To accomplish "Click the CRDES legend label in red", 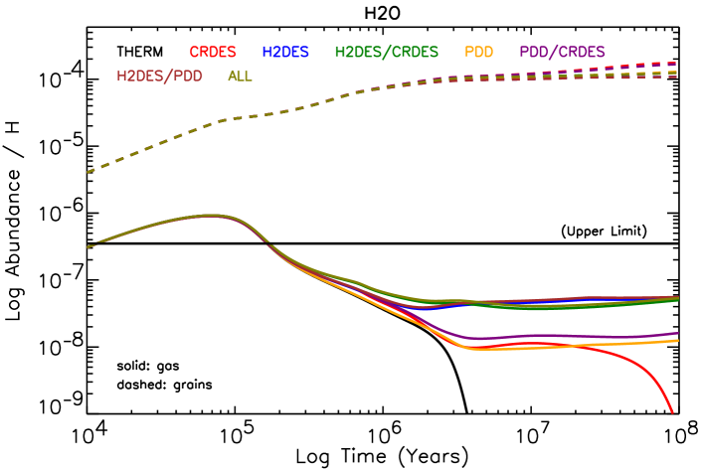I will pyautogui.click(x=213, y=52).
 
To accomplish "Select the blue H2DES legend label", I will pyautogui.click(x=285, y=52).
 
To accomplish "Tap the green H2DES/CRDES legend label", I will pyautogui.click(x=386, y=52).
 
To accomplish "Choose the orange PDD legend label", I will pyautogui.click(x=478, y=52).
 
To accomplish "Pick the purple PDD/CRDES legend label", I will pyautogui.click(x=562, y=52).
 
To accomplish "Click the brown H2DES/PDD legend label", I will pyautogui.click(x=159, y=76).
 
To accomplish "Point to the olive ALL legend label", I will pyautogui.click(x=240, y=76).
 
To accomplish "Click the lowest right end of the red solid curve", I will pyautogui.click(x=673, y=410).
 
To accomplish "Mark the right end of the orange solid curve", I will pyautogui.click(x=678, y=341).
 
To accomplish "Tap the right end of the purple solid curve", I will pyautogui.click(x=678, y=334).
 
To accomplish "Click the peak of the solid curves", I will pyautogui.click(x=211, y=215).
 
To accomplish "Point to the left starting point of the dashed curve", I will pyautogui.click(x=88, y=172).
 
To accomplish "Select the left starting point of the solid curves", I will pyautogui.click(x=88, y=247).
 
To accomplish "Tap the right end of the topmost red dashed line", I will pyautogui.click(x=677, y=64).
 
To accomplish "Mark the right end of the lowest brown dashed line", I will pyautogui.click(x=677, y=77).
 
